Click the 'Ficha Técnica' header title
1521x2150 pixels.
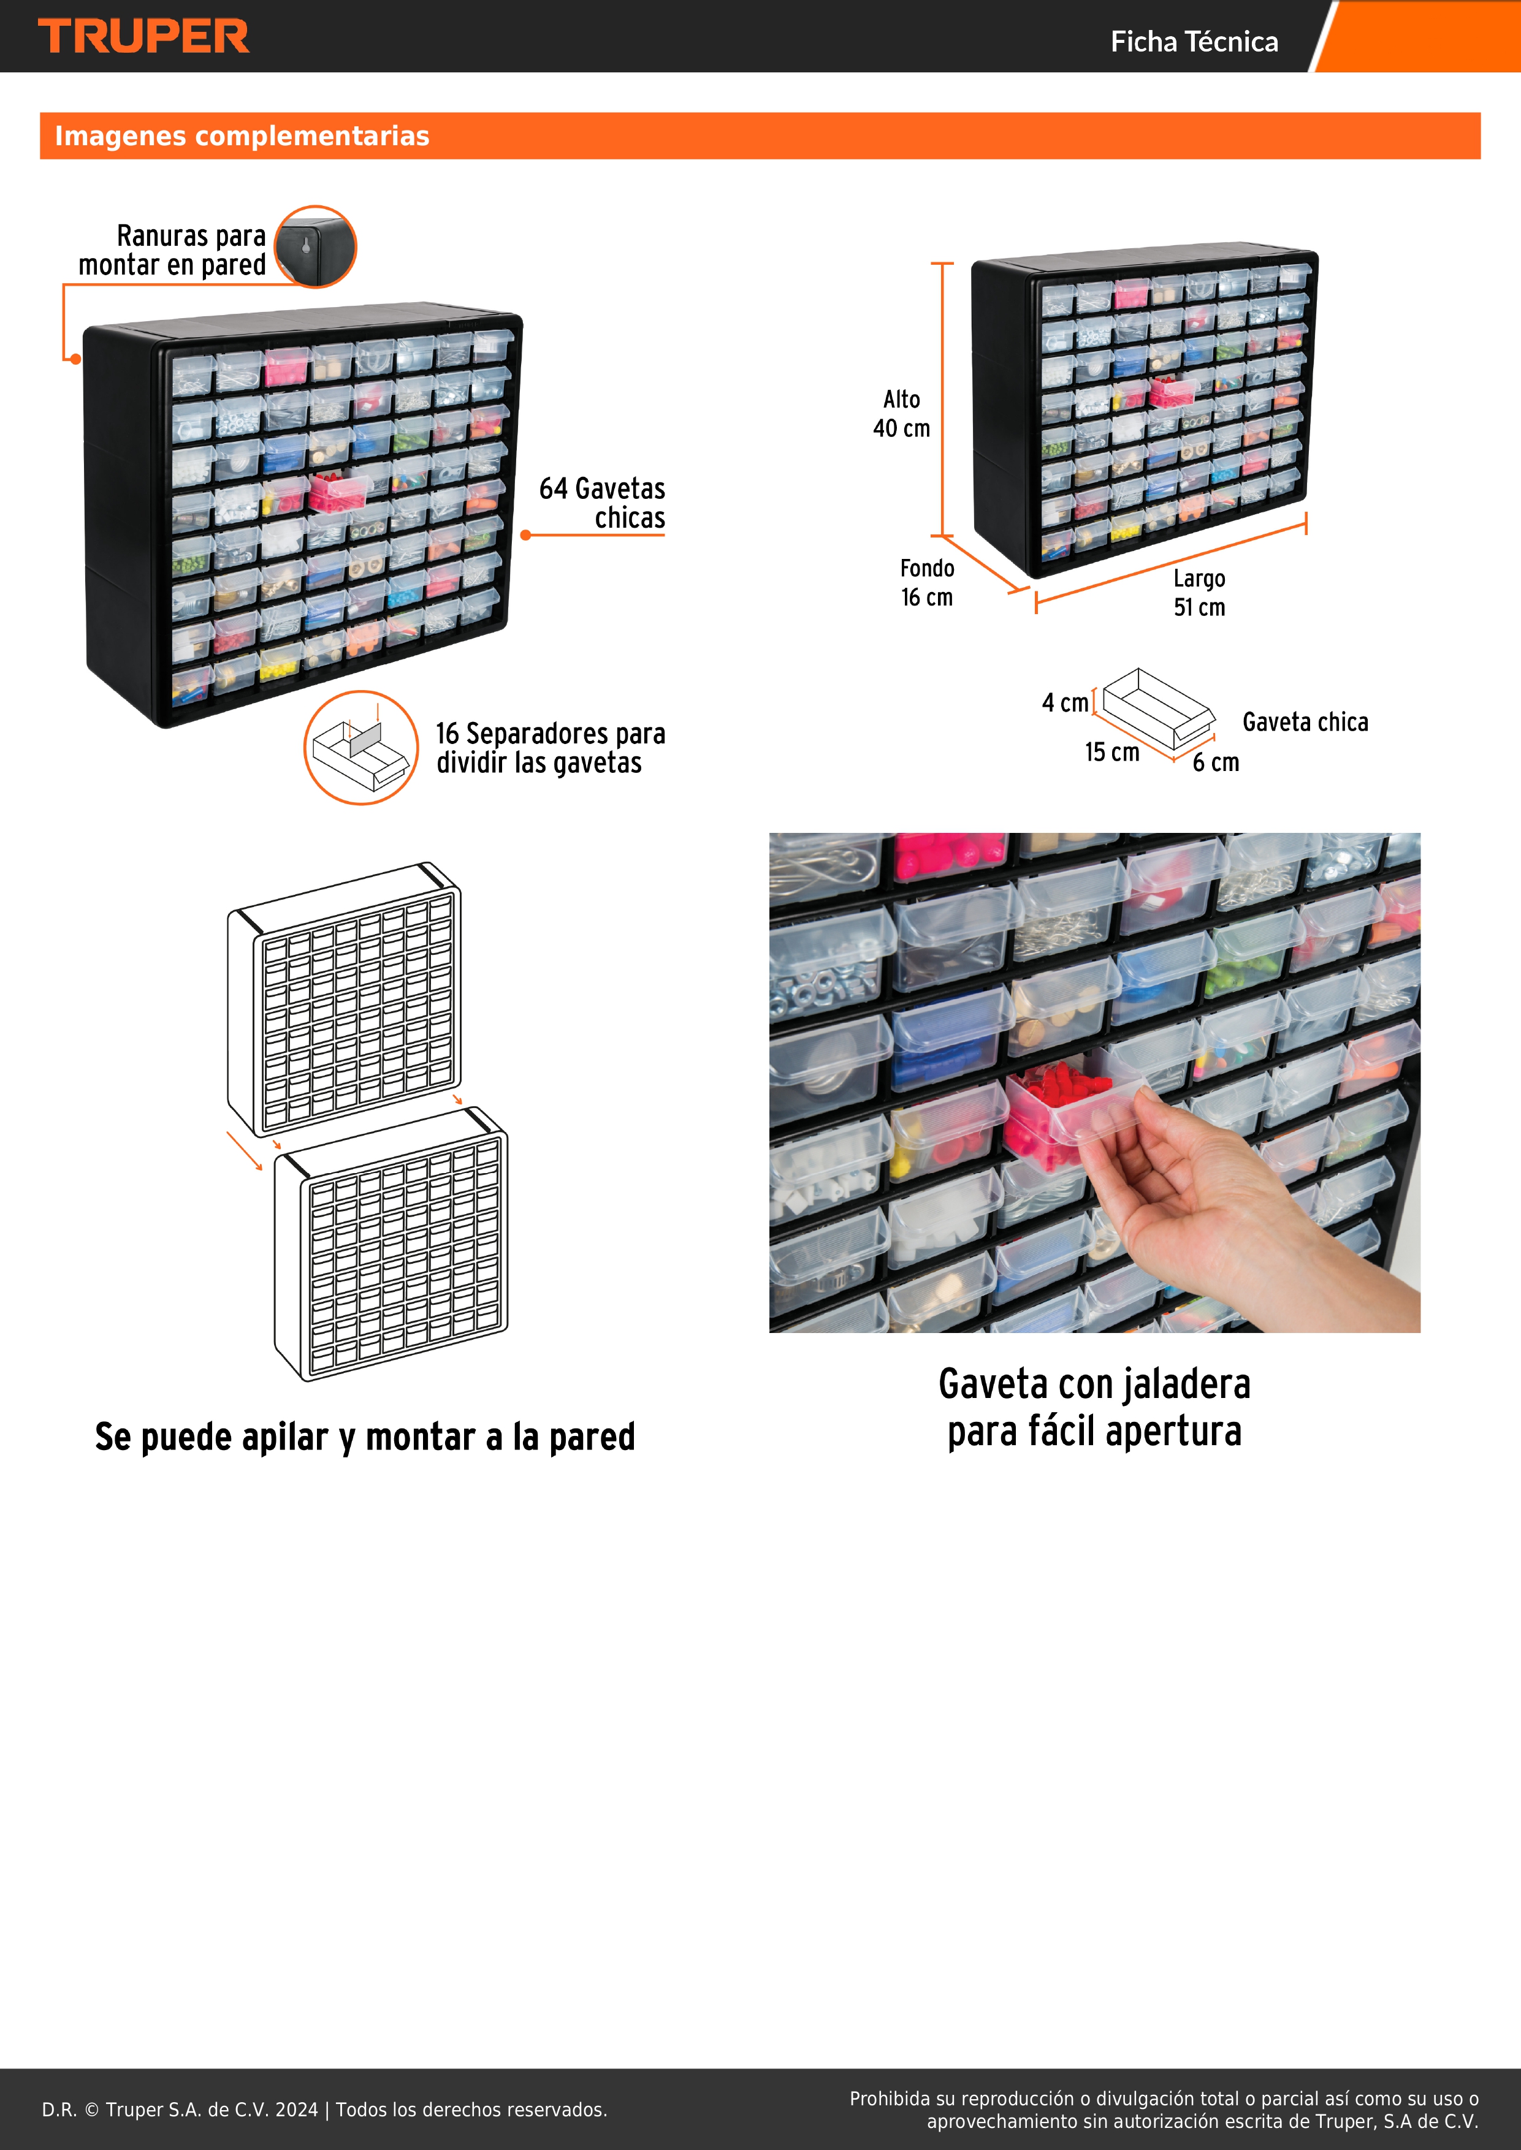[x=1194, y=41]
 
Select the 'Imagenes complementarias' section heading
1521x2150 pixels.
[x=242, y=136]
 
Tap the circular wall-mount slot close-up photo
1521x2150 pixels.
[x=316, y=246]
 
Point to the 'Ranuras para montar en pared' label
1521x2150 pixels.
[x=172, y=250]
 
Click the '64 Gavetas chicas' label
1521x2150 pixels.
[x=602, y=503]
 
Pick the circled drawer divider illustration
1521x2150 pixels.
[x=360, y=747]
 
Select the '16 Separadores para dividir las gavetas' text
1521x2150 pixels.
[x=551, y=747]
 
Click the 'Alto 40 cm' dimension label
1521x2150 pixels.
[x=902, y=414]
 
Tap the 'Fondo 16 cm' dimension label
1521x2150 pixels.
[x=927, y=582]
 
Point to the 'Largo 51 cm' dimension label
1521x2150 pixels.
[x=1200, y=593]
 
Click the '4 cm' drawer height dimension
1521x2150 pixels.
[x=1065, y=702]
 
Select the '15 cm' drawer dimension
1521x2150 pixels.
[x=1113, y=752]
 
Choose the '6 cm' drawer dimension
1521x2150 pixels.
[x=1216, y=762]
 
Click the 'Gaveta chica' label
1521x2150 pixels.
[x=1306, y=722]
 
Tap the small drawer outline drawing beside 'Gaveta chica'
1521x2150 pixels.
[x=1159, y=709]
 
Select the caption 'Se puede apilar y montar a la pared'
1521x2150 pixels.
[x=365, y=1437]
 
